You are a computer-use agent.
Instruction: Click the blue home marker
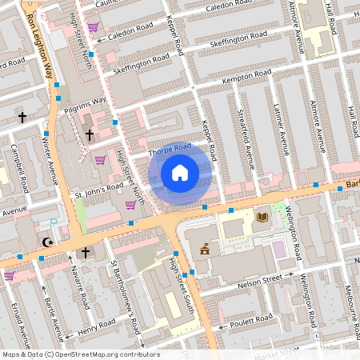coord(180,173)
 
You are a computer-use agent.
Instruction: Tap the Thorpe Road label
coord(170,149)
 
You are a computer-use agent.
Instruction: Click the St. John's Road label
coord(99,190)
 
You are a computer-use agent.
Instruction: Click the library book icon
coord(262,217)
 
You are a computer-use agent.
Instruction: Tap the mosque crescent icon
coord(47,242)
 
